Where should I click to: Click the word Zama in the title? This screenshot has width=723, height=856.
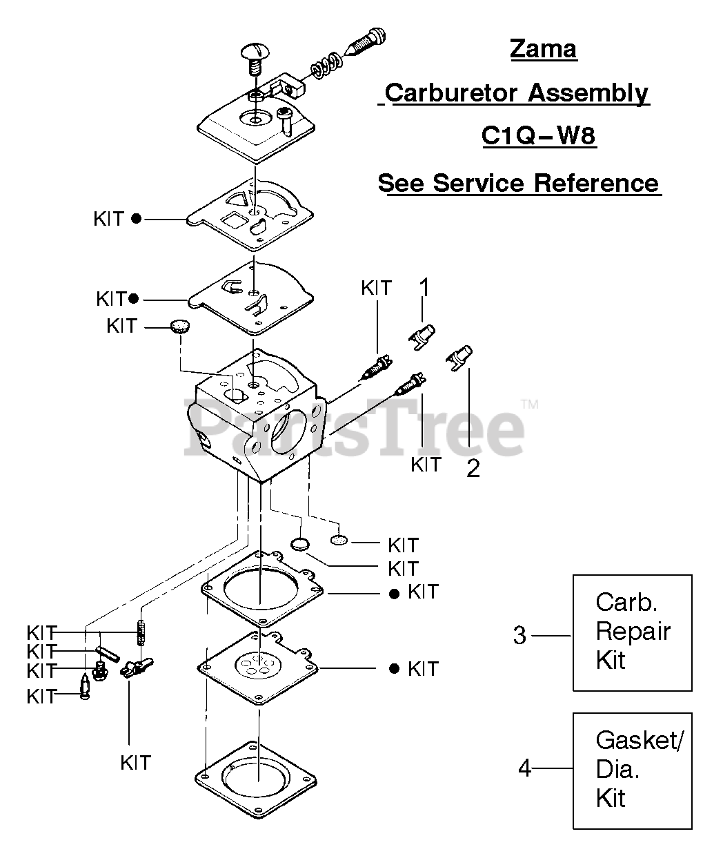(x=543, y=49)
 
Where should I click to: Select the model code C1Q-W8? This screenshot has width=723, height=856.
(x=537, y=136)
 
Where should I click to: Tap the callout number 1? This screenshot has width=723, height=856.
(x=425, y=287)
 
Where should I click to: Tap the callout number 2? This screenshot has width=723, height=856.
(x=473, y=468)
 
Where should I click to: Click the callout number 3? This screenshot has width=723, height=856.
(x=519, y=635)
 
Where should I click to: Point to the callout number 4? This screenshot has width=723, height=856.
(x=525, y=768)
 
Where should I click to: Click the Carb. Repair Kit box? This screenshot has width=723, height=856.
(x=632, y=632)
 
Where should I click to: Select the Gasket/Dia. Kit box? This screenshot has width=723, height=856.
(x=632, y=770)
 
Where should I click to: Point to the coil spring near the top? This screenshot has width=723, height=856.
(x=325, y=68)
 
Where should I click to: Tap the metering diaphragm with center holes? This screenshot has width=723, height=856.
(x=257, y=666)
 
